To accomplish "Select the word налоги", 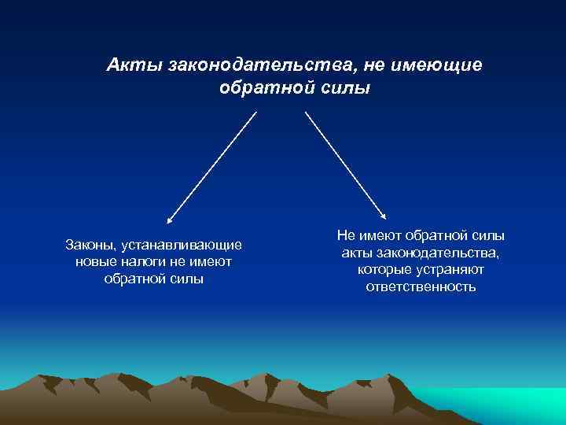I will (142, 262).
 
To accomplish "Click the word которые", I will (382, 269).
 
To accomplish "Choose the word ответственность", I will (421, 286).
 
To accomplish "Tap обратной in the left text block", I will (132, 279).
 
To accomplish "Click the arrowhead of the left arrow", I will (170, 221).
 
